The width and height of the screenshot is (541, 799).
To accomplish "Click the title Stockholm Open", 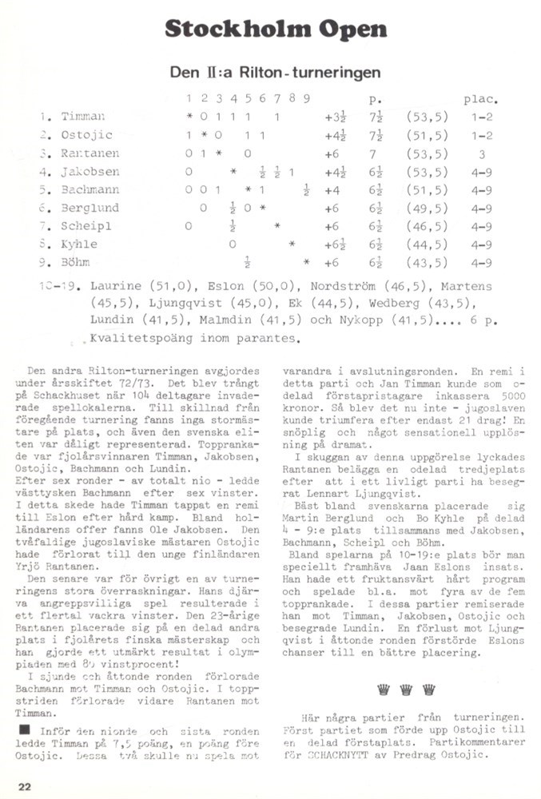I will pyautogui.click(x=275, y=30).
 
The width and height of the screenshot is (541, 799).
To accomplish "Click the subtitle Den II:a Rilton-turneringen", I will pyautogui.click(x=275, y=73).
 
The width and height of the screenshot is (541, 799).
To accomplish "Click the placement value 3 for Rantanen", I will pyautogui.click(x=482, y=153).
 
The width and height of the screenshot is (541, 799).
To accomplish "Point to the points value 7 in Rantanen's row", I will pyautogui.click(x=373, y=153).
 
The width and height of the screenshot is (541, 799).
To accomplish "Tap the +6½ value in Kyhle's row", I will pyautogui.click(x=332, y=244).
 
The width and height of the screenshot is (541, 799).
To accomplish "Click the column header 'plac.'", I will pyautogui.click(x=481, y=100).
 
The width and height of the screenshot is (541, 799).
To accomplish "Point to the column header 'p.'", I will pyautogui.click(x=376, y=100).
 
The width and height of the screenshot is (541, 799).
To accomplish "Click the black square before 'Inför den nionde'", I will pyautogui.click(x=25, y=729).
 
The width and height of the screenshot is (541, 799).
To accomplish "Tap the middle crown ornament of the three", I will pyautogui.click(x=406, y=689).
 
